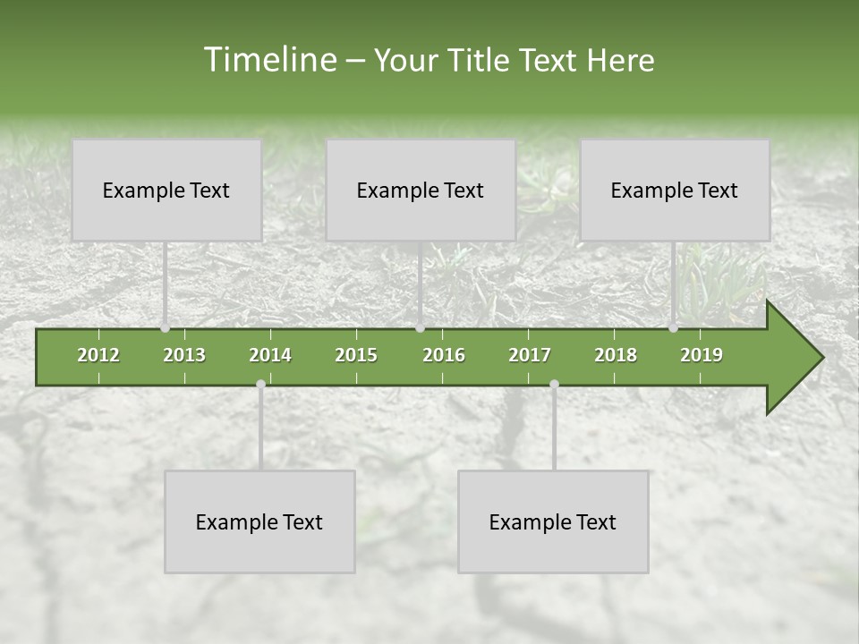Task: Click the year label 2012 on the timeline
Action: click(98, 355)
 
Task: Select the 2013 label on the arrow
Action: click(184, 355)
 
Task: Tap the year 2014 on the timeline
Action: click(270, 355)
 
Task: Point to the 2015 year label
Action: click(356, 355)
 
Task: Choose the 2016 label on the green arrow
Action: click(444, 355)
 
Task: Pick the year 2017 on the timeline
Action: click(530, 355)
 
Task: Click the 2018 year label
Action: click(616, 355)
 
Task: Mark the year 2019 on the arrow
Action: click(702, 355)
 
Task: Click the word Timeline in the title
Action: click(268, 60)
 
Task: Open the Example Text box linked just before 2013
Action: click(166, 190)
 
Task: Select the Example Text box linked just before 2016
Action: click(421, 190)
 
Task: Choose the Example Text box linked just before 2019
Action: click(675, 190)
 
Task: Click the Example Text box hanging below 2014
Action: click(259, 521)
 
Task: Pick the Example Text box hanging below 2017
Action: click(553, 521)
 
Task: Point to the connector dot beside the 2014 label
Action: click(260, 384)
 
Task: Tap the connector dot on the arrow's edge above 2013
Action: click(165, 328)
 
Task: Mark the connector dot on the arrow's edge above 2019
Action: click(673, 328)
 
